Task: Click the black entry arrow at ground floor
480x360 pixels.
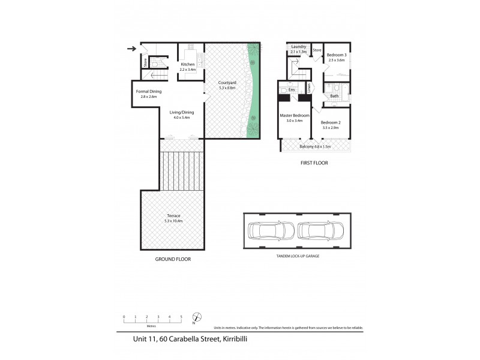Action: click(x=131, y=49)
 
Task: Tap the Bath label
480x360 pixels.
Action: click(x=334, y=95)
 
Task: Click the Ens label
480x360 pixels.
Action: click(x=292, y=89)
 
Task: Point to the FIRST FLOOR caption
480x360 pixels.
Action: click(x=314, y=163)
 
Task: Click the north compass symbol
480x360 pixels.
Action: click(x=196, y=317)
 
